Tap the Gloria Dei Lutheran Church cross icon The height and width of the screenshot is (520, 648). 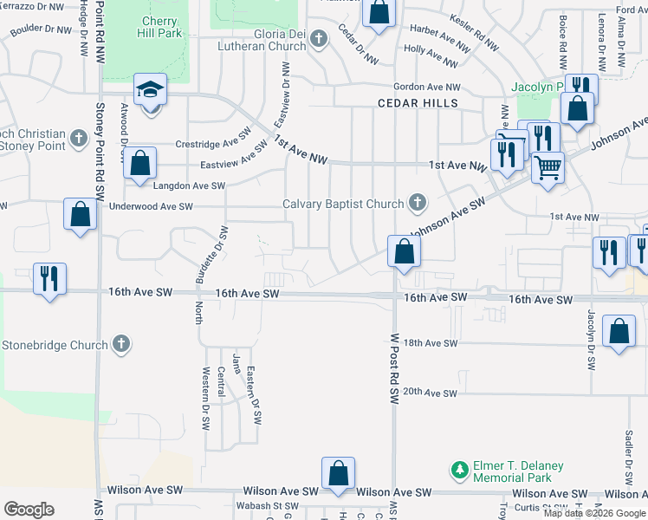pos(319,38)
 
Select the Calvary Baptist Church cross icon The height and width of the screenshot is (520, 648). pos(418,204)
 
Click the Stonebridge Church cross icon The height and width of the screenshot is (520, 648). pos(121,344)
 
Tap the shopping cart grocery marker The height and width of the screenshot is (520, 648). pos(547,167)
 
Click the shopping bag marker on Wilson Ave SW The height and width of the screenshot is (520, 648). pos(338,473)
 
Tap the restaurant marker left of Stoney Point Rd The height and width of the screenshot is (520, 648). pos(49,278)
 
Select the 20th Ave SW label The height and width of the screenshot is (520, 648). pos(430,392)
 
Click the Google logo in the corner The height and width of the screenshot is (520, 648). pos(28,510)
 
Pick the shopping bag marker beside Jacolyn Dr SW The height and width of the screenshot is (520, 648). pos(619,332)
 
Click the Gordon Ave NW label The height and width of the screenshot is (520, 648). pos(427,87)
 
